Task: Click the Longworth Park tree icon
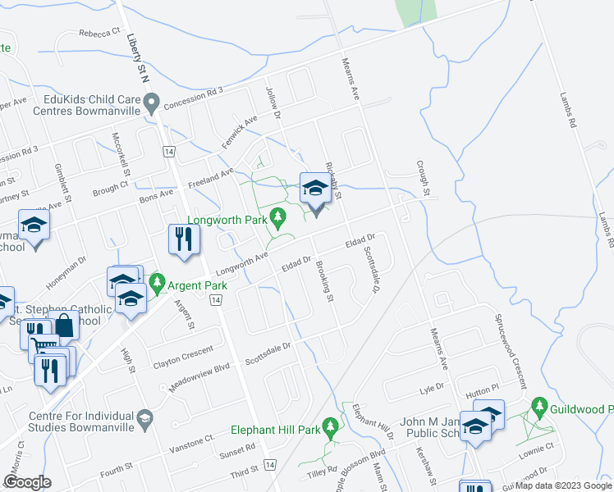click(278, 217)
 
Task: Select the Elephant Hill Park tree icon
click(330, 426)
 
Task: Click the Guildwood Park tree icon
click(539, 405)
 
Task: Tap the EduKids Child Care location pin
click(151, 102)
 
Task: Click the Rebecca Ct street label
click(100, 34)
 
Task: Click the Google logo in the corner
click(27, 481)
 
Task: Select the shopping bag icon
click(64, 326)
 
